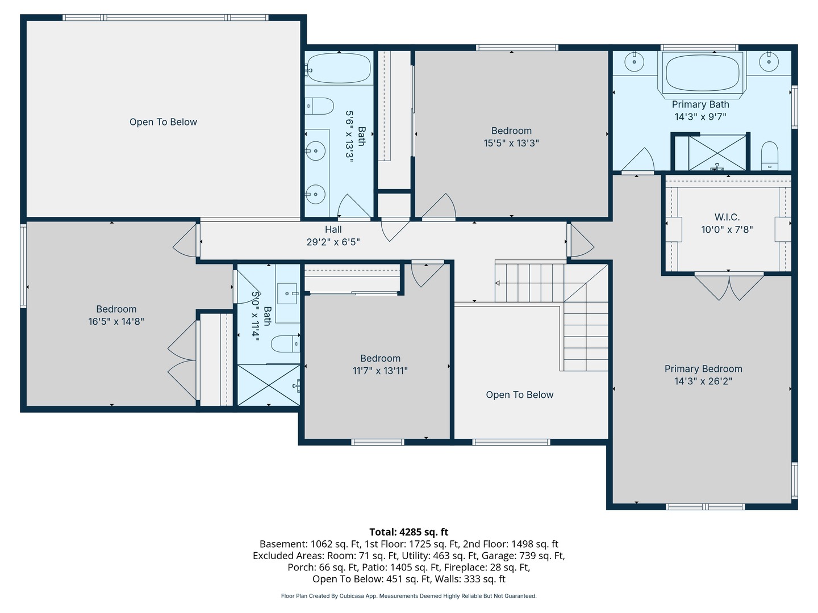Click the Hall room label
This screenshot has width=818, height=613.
[333, 230]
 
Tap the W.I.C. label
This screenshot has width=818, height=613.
[727, 217]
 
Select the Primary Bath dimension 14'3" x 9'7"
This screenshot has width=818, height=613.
[700, 117]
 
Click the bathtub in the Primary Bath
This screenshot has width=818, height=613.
[702, 73]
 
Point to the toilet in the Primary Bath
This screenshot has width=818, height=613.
[769, 156]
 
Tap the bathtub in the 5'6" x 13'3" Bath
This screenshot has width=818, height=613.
[339, 68]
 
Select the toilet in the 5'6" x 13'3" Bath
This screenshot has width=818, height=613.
[319, 106]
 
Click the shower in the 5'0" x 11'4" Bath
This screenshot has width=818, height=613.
[269, 385]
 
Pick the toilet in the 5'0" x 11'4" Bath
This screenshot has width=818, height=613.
[286, 343]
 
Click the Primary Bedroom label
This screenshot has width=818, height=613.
[703, 369]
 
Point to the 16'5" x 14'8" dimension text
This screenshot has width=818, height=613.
[116, 322]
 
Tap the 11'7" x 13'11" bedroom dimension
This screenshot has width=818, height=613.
[380, 371]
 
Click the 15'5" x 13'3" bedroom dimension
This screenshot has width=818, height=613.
[511, 143]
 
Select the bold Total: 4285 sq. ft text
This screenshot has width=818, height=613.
[409, 532]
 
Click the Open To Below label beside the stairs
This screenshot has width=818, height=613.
[520, 394]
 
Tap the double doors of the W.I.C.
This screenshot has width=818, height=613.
[729, 287]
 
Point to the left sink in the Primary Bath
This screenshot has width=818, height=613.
[634, 62]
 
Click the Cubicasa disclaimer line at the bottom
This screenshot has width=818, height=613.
[409, 596]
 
